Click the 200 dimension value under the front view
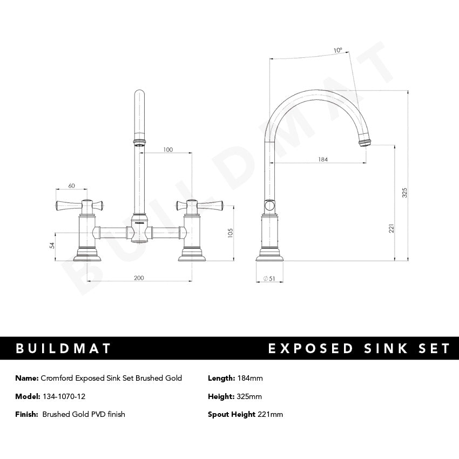click(x=139, y=278)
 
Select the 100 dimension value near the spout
click(x=168, y=150)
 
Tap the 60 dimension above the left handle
click(x=71, y=186)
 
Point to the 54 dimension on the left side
click(x=52, y=245)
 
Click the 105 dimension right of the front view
click(x=231, y=232)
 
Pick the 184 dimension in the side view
click(x=323, y=159)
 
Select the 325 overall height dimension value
click(x=405, y=193)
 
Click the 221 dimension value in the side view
click(x=391, y=229)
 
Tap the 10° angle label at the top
click(x=337, y=50)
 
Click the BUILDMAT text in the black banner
click(x=64, y=348)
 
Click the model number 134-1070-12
click(x=64, y=396)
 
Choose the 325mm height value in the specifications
click(x=249, y=396)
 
